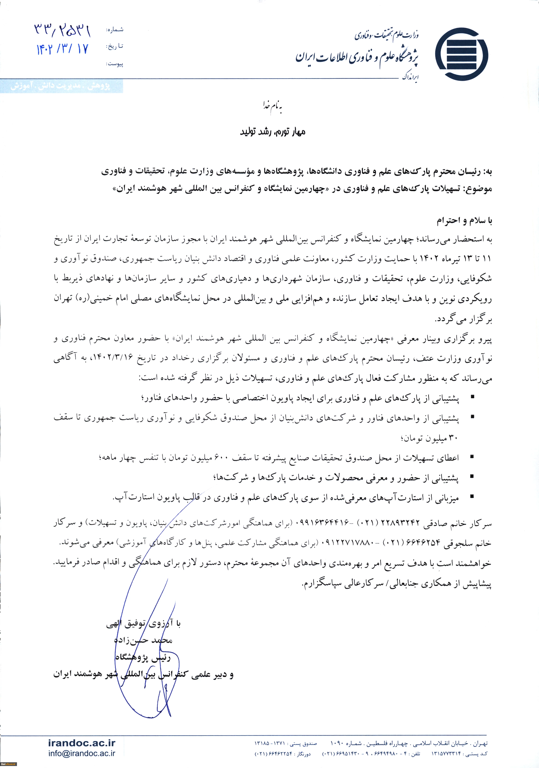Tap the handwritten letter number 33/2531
[63, 31]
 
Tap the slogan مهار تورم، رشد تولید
[273, 132]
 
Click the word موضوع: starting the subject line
[479, 189]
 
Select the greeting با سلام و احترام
[465, 221]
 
